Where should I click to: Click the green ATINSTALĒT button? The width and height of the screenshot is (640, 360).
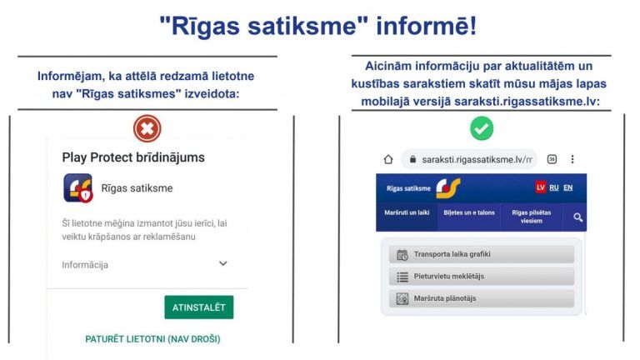coord(198,307)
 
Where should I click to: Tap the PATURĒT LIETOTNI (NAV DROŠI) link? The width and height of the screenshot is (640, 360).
coord(152,339)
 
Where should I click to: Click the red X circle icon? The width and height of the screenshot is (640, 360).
coord(147,128)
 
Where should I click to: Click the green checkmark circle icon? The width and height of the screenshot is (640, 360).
coord(482,128)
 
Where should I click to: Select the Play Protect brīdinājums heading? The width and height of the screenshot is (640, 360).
coord(133,157)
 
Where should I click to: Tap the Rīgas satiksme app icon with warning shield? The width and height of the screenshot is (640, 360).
coord(77,188)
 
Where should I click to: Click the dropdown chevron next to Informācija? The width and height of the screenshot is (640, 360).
coord(222,264)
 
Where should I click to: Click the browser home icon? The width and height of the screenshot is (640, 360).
coord(387,159)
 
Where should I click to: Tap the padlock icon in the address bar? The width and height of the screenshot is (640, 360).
coord(412,159)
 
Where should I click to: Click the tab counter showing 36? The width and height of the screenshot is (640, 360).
coord(552,159)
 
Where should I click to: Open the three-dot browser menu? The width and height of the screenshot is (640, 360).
coord(572,159)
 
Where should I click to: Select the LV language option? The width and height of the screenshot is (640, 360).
coord(540,188)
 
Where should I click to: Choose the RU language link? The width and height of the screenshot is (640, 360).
coord(554,188)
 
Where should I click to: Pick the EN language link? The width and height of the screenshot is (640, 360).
coord(568,188)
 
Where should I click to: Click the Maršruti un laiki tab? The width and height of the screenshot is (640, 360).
coord(407,213)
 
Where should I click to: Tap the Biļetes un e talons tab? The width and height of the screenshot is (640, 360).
coord(469,213)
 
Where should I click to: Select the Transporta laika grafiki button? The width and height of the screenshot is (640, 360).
coord(482,255)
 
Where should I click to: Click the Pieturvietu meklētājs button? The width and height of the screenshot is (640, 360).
coord(482,277)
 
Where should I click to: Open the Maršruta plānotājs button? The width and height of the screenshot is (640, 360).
coord(482,298)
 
